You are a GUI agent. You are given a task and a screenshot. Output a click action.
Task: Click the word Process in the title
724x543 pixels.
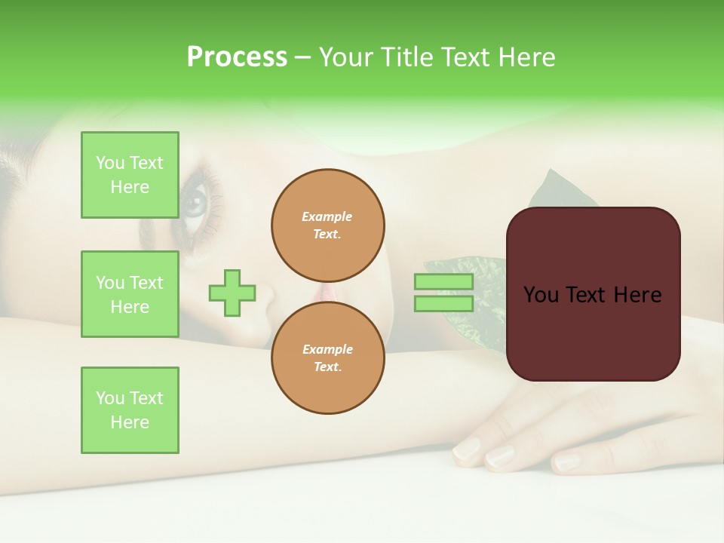(x=237, y=57)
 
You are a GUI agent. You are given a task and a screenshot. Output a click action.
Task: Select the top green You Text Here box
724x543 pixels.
(x=130, y=175)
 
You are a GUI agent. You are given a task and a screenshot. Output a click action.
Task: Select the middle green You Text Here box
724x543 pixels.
(x=130, y=294)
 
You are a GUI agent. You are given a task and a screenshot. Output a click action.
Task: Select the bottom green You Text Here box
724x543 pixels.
(x=130, y=410)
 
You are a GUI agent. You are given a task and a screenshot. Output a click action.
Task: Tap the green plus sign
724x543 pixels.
(x=232, y=293)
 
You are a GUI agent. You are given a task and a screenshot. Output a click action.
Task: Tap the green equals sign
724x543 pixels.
(x=443, y=293)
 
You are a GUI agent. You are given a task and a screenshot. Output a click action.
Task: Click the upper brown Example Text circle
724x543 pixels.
(x=327, y=225)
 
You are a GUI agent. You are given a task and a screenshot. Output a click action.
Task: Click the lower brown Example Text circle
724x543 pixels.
(x=327, y=358)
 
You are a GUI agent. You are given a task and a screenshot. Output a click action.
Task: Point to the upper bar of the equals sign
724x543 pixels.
(x=443, y=282)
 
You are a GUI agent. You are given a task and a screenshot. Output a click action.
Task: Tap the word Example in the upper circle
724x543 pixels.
(x=327, y=216)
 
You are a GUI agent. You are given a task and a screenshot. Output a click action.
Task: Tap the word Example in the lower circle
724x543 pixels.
(x=327, y=349)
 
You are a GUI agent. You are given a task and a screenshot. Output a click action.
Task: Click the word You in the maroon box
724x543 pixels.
(x=541, y=295)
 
